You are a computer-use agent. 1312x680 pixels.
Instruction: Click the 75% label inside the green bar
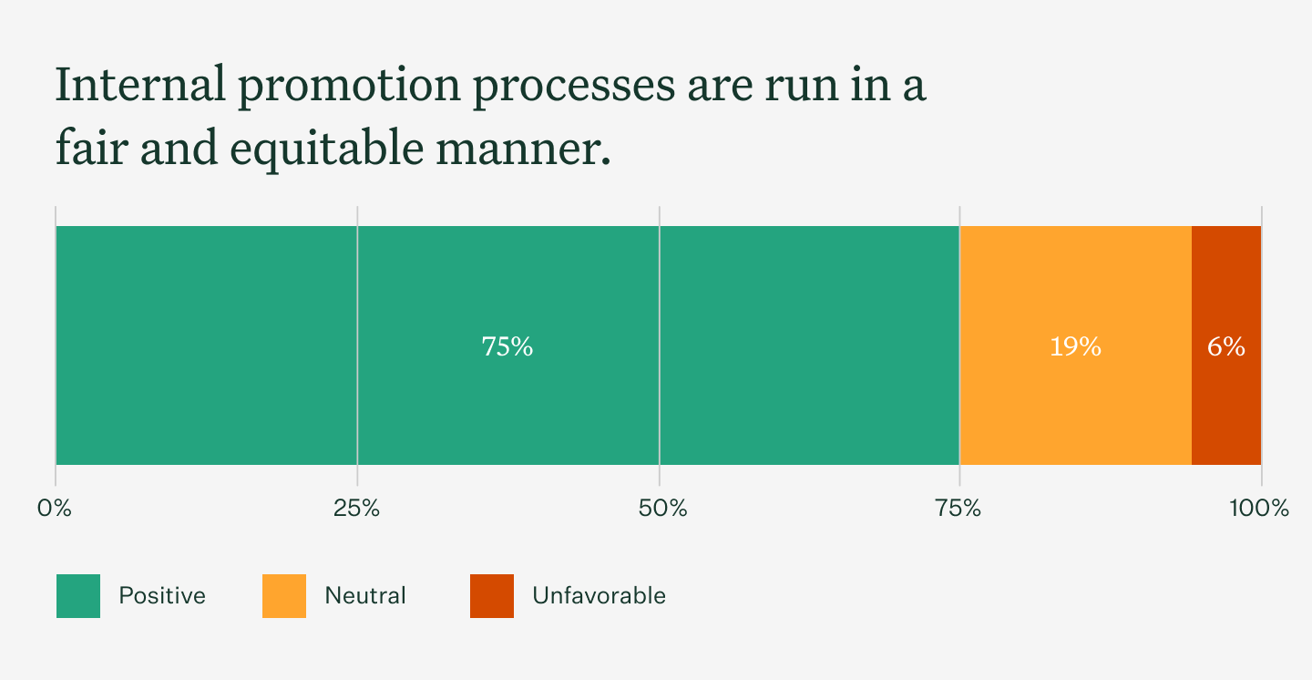(507, 346)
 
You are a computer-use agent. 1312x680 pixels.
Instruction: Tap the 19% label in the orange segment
(1075, 346)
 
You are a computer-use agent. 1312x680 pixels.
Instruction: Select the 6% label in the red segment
(1226, 346)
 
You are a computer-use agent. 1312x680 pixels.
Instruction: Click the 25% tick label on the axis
(357, 509)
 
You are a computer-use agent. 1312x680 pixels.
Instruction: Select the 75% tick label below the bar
(958, 509)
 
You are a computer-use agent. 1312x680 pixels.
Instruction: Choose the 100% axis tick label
(1259, 509)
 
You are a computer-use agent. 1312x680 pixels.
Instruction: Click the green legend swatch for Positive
(78, 596)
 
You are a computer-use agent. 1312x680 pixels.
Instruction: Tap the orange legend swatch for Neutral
(284, 596)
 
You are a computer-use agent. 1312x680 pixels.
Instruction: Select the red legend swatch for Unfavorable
(492, 596)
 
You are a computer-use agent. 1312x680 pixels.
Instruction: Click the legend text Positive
(162, 596)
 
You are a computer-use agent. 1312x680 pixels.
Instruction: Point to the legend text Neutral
(365, 596)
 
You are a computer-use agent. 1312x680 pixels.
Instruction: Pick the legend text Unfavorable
(599, 596)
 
